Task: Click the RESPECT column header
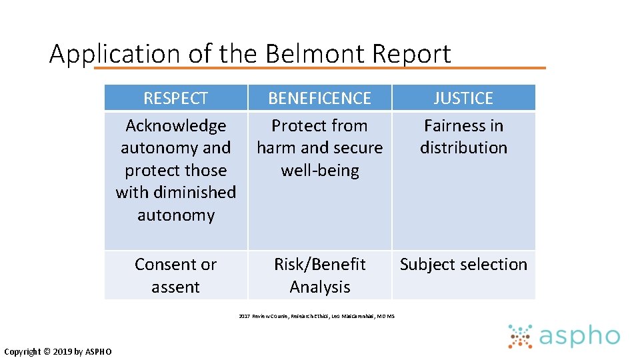[176, 98]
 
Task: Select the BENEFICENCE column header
[319, 98]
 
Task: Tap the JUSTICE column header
[463, 98]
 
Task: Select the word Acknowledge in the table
[176, 126]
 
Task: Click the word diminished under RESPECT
[195, 193]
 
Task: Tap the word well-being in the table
[320, 171]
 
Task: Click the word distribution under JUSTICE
[463, 148]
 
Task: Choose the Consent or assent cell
[176, 275]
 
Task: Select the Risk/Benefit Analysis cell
[320, 275]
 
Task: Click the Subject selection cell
[463, 265]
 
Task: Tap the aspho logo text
[579, 337]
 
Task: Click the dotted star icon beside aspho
[520, 337]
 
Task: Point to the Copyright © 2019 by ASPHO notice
[58, 352]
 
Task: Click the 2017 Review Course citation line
[317, 316]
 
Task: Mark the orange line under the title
[320, 68]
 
